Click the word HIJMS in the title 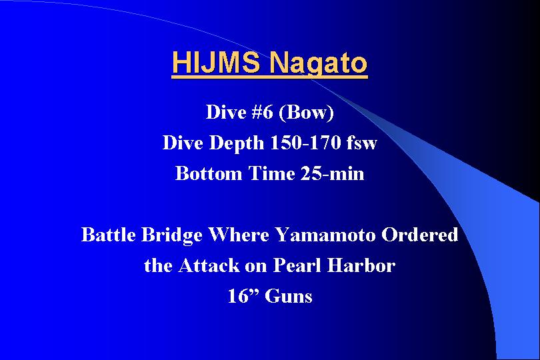click(216, 63)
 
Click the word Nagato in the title click(319, 63)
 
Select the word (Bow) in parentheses click(306, 113)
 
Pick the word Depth click(237, 143)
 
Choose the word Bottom click(209, 173)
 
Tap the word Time click(271, 173)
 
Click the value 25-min click(333, 173)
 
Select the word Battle click(109, 235)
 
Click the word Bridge click(172, 235)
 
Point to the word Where click(239, 235)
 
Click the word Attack click(209, 265)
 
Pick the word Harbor click(361, 265)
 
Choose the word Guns click(289, 296)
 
